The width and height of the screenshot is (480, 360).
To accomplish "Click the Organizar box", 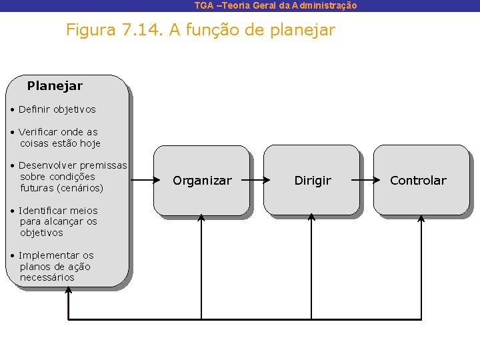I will (202, 181).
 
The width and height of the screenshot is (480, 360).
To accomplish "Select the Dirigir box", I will (312, 181).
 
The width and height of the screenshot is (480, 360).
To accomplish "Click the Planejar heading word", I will (55, 86).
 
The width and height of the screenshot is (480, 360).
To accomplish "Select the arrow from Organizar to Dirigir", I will (259, 180).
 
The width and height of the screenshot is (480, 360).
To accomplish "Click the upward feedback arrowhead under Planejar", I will (68, 291).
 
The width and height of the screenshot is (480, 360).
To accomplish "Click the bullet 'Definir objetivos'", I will (57, 109).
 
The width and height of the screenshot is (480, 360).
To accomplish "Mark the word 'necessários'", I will (47, 277).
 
